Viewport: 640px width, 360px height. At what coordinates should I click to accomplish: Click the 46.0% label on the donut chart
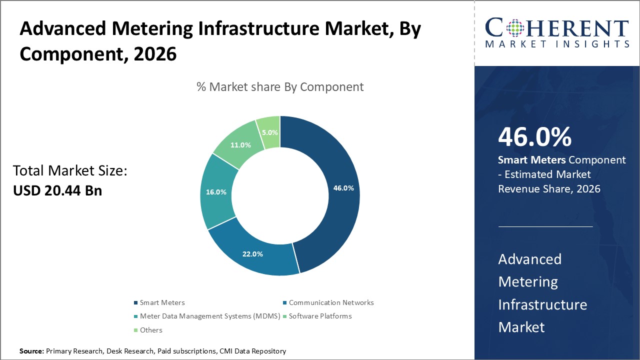point(343,188)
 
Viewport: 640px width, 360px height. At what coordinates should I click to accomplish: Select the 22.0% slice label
point(252,254)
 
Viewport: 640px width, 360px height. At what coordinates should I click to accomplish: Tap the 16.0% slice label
point(216,192)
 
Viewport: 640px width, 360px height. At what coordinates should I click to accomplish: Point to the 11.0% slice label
point(240,145)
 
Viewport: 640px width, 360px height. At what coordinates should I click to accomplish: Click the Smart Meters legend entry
point(162,302)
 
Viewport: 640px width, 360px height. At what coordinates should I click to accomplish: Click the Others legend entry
point(151,330)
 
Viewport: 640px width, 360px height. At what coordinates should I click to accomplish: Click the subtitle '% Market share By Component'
point(280,86)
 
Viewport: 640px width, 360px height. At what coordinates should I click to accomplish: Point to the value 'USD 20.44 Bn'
point(57,190)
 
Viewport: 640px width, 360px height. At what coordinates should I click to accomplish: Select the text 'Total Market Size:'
point(70,171)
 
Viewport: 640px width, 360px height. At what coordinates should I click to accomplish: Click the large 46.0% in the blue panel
point(534,137)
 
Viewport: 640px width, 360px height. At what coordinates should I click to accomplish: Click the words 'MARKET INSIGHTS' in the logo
point(557,44)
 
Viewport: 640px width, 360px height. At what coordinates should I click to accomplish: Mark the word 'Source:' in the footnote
point(31,351)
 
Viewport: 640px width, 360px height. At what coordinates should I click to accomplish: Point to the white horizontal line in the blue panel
point(545,226)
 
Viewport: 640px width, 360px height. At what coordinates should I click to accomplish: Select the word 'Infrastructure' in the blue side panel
point(542,304)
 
